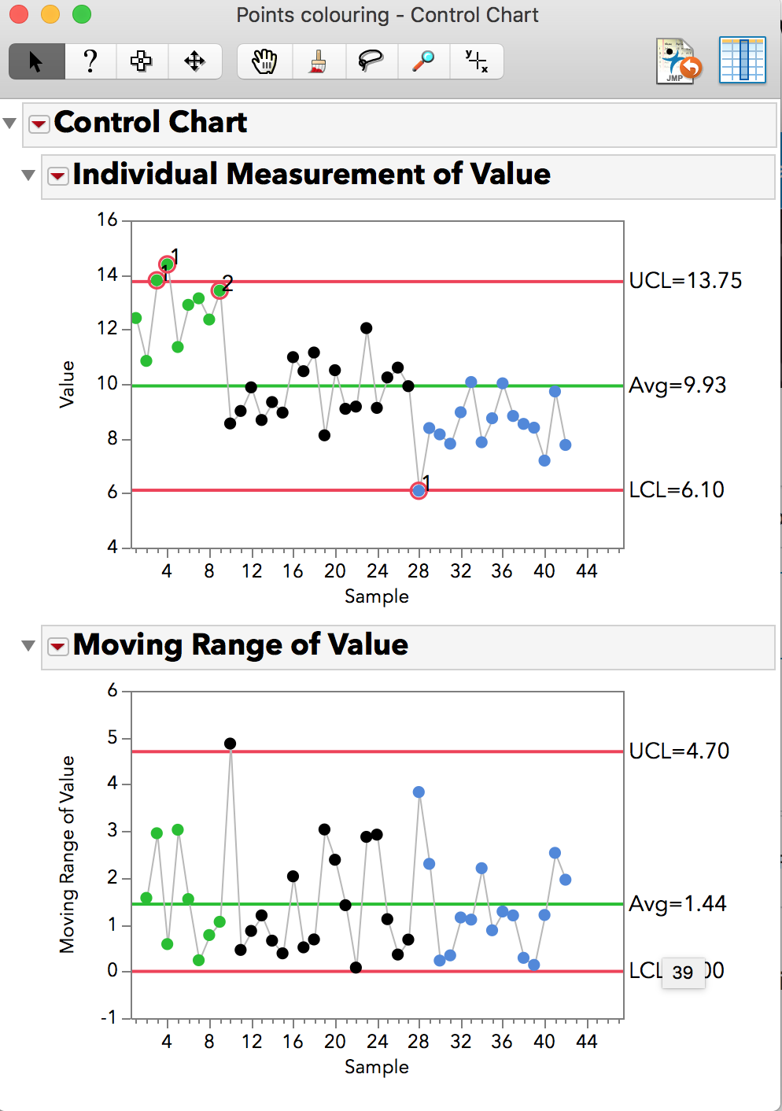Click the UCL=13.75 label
(x=685, y=281)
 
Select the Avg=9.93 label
(x=677, y=386)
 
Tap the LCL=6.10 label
(x=677, y=490)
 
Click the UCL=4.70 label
(x=679, y=751)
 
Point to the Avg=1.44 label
(x=677, y=904)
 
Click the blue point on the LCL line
(x=419, y=491)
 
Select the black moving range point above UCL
(x=230, y=744)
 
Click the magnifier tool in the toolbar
(x=423, y=61)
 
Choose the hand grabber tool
(x=264, y=61)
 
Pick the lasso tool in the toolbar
(x=371, y=61)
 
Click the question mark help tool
(x=90, y=61)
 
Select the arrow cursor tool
(x=36, y=61)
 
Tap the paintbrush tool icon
(x=318, y=61)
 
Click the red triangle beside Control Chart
(x=39, y=124)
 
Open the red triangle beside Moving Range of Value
(x=57, y=647)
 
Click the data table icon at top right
(x=742, y=60)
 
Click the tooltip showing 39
(x=683, y=973)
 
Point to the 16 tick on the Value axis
(x=108, y=220)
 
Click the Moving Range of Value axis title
(x=68, y=854)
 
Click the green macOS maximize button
(x=81, y=14)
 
